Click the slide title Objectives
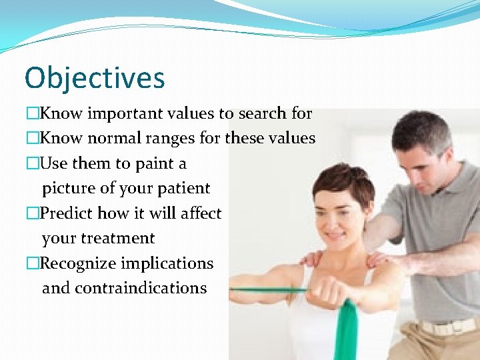(95, 78)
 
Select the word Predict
(67, 213)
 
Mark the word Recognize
(78, 263)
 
